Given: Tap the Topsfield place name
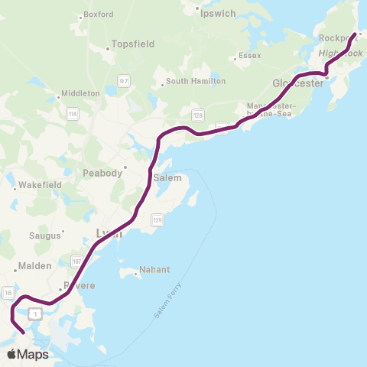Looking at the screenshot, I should pos(132,44).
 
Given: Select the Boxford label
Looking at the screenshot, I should pos(98,14).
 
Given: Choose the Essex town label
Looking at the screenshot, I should pos(250,55).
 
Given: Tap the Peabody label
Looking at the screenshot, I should pos(102,174).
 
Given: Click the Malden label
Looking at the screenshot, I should pos(36,266).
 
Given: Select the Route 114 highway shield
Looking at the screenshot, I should pos(73,114).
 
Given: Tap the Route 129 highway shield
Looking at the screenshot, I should pos(157,219).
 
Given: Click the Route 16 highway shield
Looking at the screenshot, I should pos(8,292).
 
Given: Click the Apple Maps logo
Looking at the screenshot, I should pos(28,354).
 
